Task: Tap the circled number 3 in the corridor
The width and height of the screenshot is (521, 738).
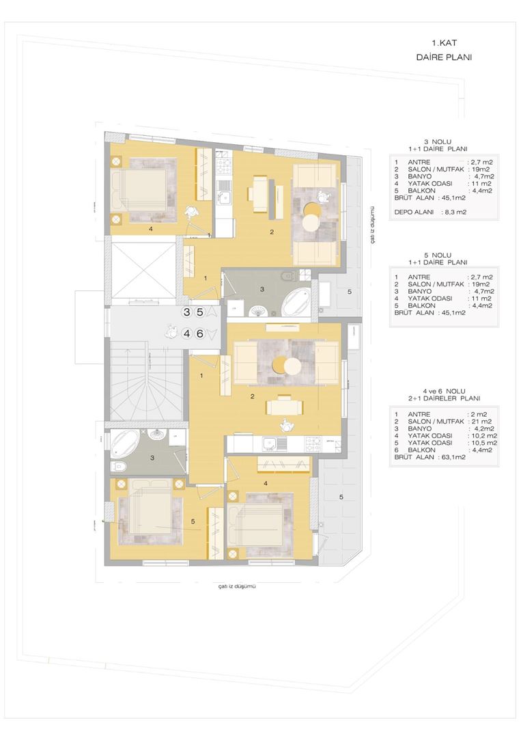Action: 187,312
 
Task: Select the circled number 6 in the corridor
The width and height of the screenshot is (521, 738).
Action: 199,334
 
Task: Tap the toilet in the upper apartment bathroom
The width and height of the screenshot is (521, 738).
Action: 290,276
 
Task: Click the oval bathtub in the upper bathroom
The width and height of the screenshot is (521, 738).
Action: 295,301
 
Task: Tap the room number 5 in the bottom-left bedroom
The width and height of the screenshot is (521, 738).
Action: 194,522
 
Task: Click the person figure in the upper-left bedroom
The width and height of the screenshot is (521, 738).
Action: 193,211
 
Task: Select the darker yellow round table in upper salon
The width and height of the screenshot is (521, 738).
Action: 311,209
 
